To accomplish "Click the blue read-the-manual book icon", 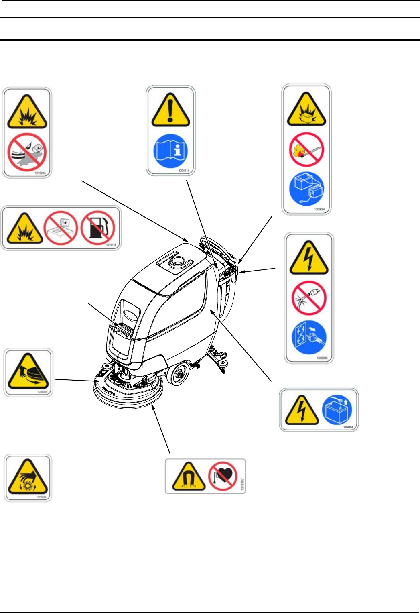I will [x=170, y=151].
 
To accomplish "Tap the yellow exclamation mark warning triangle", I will [x=170, y=111].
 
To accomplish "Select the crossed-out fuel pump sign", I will [x=98, y=228].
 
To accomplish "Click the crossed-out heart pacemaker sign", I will [x=223, y=476].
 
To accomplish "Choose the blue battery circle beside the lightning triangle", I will [x=337, y=410].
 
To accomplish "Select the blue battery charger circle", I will [x=306, y=189].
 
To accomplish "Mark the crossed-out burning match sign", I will [x=306, y=150].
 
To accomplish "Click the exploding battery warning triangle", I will [x=306, y=111].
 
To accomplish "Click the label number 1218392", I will [x=242, y=476].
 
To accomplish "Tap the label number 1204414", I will [x=183, y=171].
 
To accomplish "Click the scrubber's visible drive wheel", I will [x=178, y=374].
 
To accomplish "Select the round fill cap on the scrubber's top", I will [x=177, y=262].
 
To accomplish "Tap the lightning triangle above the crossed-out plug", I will [x=309, y=259].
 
